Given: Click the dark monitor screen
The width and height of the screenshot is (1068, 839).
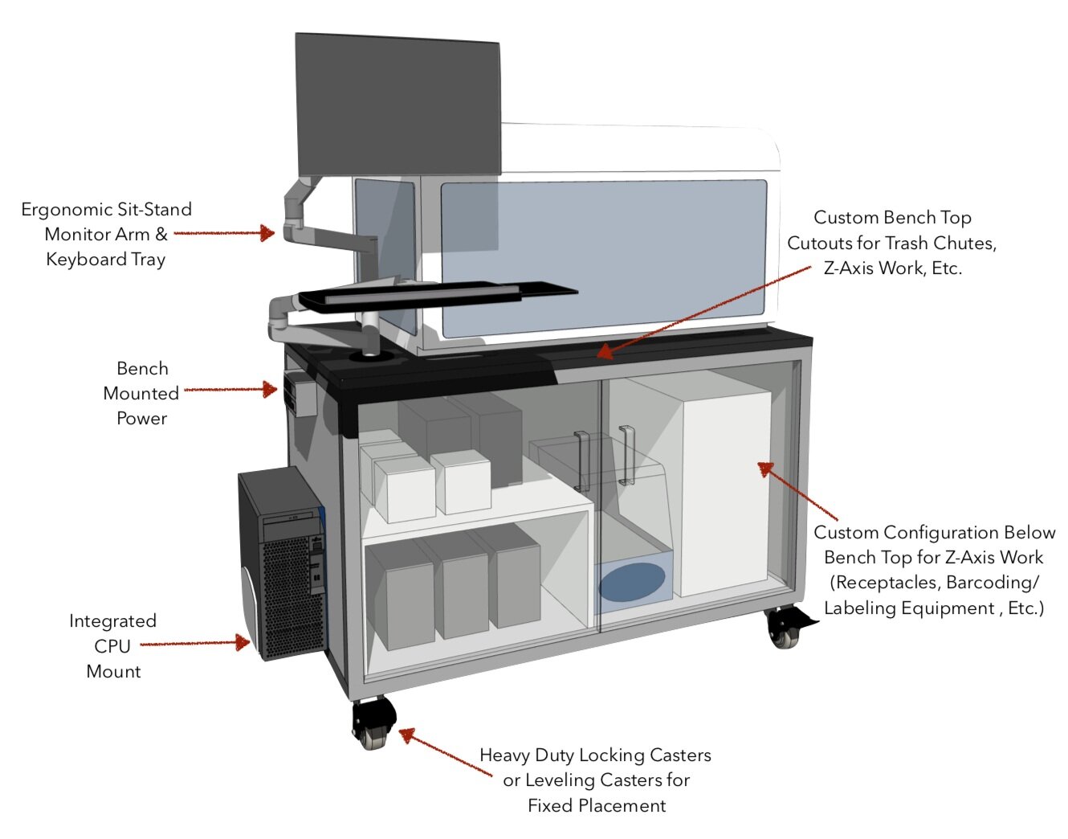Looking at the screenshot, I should [x=397, y=104].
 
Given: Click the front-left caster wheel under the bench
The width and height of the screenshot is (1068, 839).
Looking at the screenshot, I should [x=373, y=723].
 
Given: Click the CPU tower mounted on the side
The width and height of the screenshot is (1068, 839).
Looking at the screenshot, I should [x=281, y=563].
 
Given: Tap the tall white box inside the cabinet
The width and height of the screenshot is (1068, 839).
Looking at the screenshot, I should [x=723, y=490].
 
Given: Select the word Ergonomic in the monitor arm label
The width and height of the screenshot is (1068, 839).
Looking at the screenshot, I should [x=67, y=210].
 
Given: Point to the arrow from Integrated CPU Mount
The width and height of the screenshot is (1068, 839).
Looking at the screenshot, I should [x=196, y=643].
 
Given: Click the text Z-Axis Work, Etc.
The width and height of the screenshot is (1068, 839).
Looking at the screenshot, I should [x=892, y=268].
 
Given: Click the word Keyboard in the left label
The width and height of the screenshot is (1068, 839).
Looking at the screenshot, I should [x=86, y=260].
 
